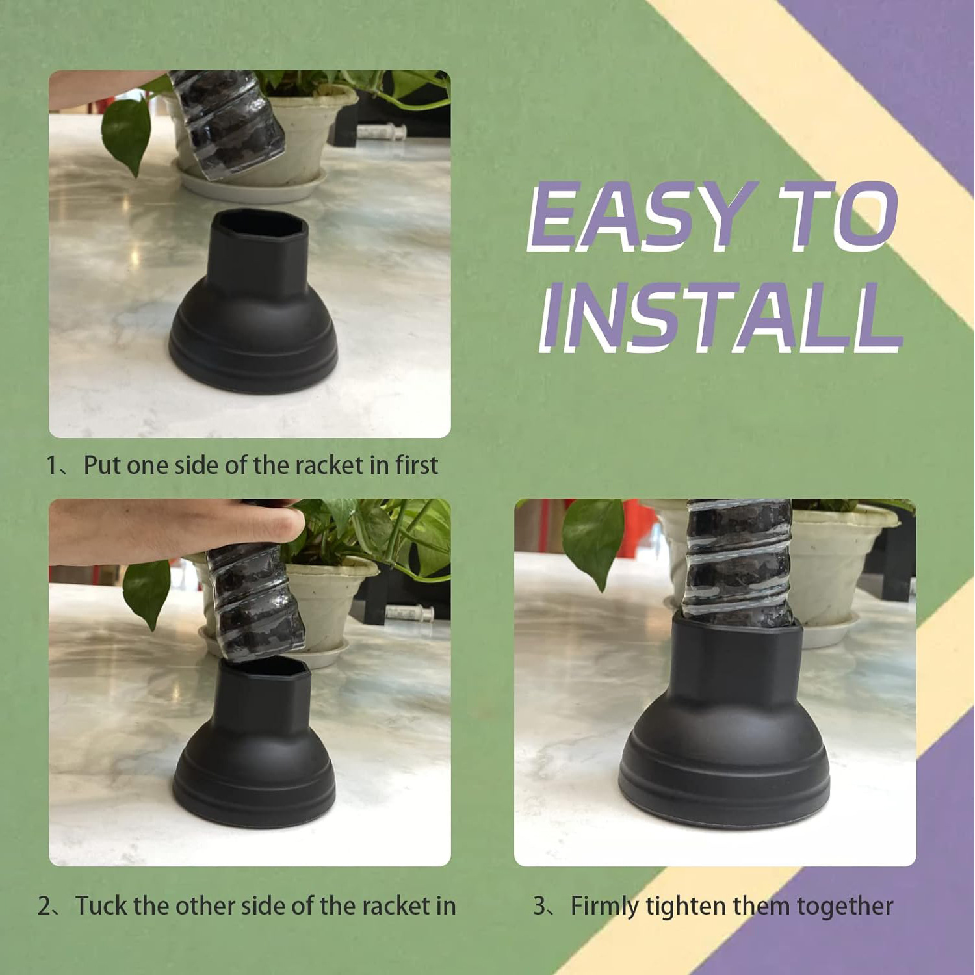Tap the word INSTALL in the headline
[718, 318]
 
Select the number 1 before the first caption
[52, 465]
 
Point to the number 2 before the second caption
[44, 906]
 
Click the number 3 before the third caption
[539, 906]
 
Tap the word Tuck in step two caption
[101, 906]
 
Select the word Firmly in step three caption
[604, 906]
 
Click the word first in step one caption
[416, 465]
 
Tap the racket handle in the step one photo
[227, 123]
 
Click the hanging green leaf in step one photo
[126, 133]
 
